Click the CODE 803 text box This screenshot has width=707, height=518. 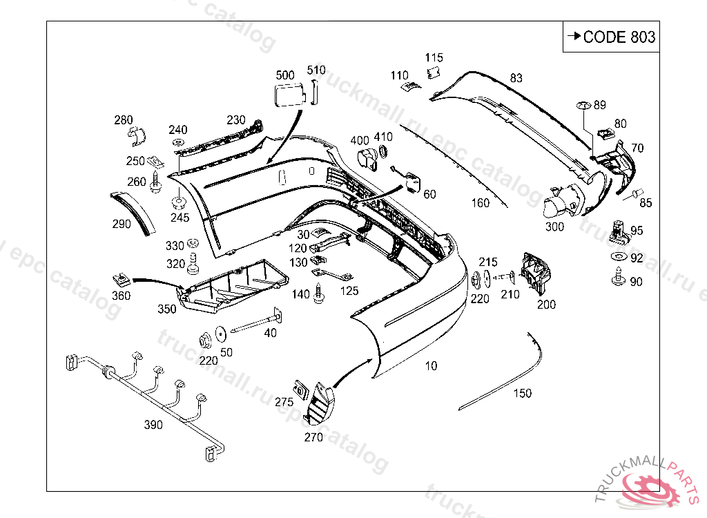(x=611, y=37)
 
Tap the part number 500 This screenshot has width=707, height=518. (x=285, y=75)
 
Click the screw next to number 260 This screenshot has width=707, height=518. (x=156, y=182)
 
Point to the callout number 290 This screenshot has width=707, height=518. (x=122, y=224)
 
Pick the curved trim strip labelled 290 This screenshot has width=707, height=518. (x=133, y=213)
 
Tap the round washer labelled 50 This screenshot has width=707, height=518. (x=220, y=334)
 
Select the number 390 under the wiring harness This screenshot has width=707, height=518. (x=153, y=425)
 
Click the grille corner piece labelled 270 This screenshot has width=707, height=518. (x=320, y=404)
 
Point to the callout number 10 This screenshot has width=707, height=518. (x=431, y=366)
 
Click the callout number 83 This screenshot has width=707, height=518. (x=516, y=78)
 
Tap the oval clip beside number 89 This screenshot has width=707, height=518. (x=583, y=106)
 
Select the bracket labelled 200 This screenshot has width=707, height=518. (x=536, y=274)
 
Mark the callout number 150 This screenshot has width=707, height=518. (x=523, y=394)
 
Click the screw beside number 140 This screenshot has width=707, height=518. (x=319, y=294)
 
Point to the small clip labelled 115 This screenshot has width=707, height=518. (x=434, y=73)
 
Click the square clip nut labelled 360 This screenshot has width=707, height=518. (x=121, y=280)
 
